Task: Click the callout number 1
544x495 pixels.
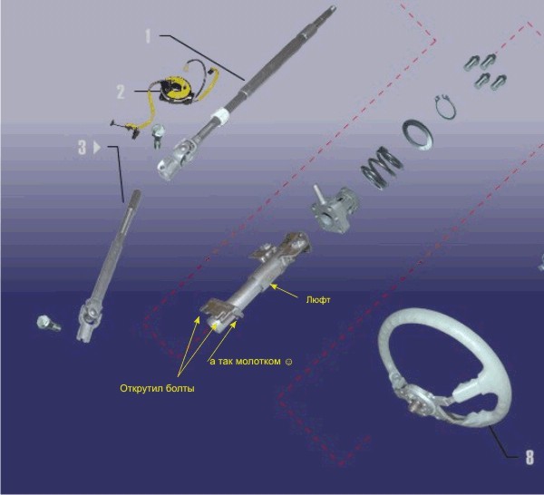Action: pos(148,36)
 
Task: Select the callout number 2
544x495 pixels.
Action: pos(121,92)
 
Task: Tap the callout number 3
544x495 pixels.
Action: pos(82,147)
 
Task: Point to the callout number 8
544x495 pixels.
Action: pos(529,457)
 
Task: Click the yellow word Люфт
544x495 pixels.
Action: pos(318,300)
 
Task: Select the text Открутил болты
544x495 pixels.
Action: pos(157,388)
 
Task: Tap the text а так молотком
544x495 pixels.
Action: pos(246,362)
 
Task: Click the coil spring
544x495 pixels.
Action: pos(382,167)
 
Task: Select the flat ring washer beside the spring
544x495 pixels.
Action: pos(417,135)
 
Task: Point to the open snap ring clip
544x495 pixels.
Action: pos(445,107)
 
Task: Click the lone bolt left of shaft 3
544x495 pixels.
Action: pos(48,324)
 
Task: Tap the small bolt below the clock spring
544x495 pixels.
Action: pos(158,135)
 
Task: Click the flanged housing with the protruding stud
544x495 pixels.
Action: pos(334,209)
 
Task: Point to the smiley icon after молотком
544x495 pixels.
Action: pos(288,362)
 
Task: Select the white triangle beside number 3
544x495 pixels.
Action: pos(97,147)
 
